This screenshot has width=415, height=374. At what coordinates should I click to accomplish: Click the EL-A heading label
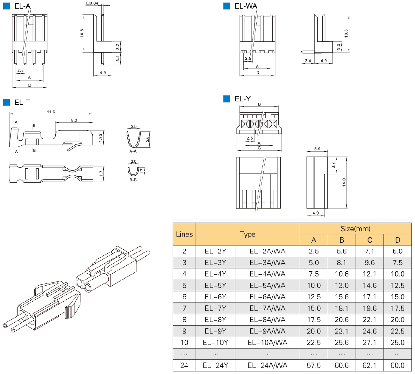pos(22,6)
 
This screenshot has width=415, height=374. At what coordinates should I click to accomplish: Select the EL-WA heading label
pos(246,6)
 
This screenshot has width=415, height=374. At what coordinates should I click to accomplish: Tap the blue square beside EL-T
pos(7,102)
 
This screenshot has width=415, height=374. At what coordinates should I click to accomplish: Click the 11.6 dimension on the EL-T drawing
pos(51,112)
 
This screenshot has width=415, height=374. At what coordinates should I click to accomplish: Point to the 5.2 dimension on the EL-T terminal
pos(74,120)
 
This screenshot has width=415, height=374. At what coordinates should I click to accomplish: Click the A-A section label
pos(133,151)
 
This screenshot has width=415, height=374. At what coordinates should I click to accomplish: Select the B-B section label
pos(133,180)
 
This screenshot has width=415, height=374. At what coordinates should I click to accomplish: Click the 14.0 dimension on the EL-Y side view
pos(344,182)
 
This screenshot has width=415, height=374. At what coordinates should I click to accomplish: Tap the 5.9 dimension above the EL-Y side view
pos(317,149)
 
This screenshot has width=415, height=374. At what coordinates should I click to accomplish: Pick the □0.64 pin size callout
pos(92,3)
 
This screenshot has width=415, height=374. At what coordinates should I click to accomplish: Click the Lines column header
pos(184,234)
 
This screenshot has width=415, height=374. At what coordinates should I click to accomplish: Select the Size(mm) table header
pos(355,229)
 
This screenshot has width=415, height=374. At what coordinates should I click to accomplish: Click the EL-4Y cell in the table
pos(215,274)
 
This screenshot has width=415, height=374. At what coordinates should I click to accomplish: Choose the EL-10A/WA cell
pos(267,342)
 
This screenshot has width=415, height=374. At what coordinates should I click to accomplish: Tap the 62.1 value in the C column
pos(369,365)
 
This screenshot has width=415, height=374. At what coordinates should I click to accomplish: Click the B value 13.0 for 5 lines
pos(341,285)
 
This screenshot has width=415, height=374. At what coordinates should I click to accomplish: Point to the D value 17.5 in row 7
pos(397,308)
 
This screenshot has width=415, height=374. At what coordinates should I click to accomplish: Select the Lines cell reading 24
pos(184,365)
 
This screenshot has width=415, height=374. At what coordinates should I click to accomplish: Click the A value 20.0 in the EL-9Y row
pos(314,331)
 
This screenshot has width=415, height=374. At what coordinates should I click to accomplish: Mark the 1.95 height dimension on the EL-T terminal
pos(101,138)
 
